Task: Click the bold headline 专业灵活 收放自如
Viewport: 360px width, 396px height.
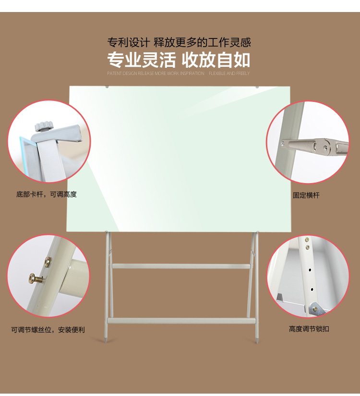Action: click(179, 60)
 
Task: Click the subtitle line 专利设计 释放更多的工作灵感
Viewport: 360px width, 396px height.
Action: click(179, 42)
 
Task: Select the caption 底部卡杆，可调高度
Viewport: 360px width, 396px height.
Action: click(47, 194)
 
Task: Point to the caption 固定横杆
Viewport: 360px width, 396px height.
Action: click(306, 195)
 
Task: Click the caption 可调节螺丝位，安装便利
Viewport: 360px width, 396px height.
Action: click(48, 330)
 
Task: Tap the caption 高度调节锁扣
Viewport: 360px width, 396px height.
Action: click(309, 329)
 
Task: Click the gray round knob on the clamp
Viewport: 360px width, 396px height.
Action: click(44, 126)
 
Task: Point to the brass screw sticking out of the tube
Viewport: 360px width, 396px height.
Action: click(36, 278)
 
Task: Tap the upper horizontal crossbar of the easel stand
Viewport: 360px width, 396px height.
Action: click(181, 266)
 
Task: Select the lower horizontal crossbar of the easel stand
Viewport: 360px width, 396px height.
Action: click(181, 321)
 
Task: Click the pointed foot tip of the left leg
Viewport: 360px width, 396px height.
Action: click(106, 340)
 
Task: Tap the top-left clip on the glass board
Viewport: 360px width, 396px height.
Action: click(107, 87)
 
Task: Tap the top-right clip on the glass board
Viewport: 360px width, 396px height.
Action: click(257, 87)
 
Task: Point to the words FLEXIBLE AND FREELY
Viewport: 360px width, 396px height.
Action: click(229, 74)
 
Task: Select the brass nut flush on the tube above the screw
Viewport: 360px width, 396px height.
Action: click(48, 262)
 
